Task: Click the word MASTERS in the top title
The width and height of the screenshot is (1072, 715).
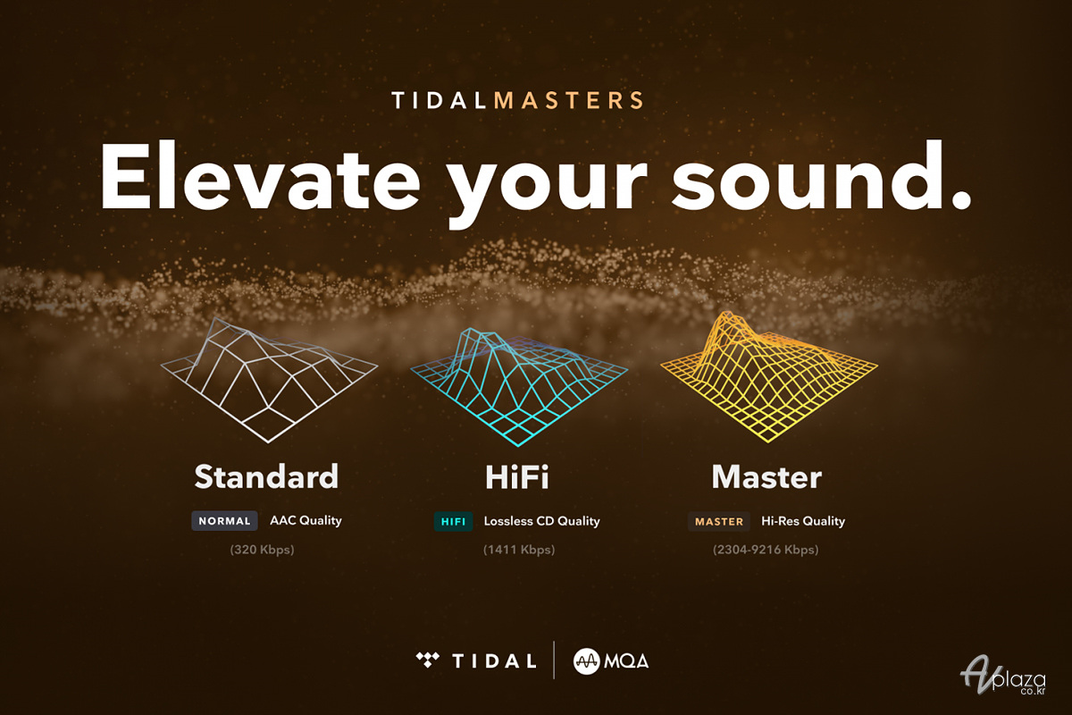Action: [x=568, y=101]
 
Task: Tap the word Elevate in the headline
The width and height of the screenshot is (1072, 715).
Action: [x=259, y=176]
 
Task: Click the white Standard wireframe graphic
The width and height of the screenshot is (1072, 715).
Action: [x=269, y=379]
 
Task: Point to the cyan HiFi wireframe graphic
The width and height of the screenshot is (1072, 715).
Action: [x=519, y=386]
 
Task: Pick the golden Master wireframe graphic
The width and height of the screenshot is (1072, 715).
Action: [x=769, y=377]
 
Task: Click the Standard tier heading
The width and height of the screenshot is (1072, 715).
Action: [x=266, y=476]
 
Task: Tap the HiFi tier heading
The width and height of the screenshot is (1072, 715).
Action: [x=517, y=477]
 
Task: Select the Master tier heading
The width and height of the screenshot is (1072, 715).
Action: [x=766, y=477]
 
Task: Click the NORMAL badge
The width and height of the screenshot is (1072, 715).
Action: [x=224, y=520]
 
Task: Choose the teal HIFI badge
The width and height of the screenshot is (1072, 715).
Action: [x=453, y=521]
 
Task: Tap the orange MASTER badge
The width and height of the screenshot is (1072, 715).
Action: [x=719, y=521]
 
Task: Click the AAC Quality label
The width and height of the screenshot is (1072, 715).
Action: [x=306, y=520]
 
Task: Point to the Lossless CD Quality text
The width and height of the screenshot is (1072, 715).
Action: [x=541, y=521]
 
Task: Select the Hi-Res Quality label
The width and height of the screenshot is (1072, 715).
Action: [x=803, y=521]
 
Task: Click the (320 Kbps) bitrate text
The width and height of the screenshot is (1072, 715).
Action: [x=263, y=550]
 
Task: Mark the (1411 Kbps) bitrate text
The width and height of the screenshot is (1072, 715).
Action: [x=519, y=550]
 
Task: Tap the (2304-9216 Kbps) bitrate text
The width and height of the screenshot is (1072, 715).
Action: [x=766, y=550]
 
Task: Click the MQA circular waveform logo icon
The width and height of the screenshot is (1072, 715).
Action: [x=586, y=661]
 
